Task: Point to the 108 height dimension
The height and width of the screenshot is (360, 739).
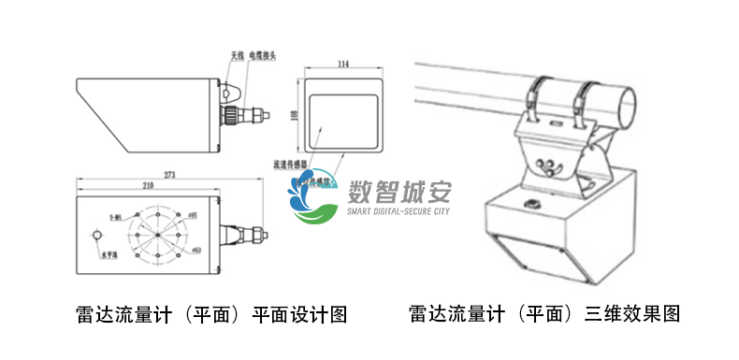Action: coord(295,114)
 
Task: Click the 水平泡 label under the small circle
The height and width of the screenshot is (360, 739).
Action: coord(110,253)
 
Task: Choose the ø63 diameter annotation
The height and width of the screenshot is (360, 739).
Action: coord(196,250)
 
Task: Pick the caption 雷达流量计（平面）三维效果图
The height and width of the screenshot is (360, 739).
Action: coord(544,313)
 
